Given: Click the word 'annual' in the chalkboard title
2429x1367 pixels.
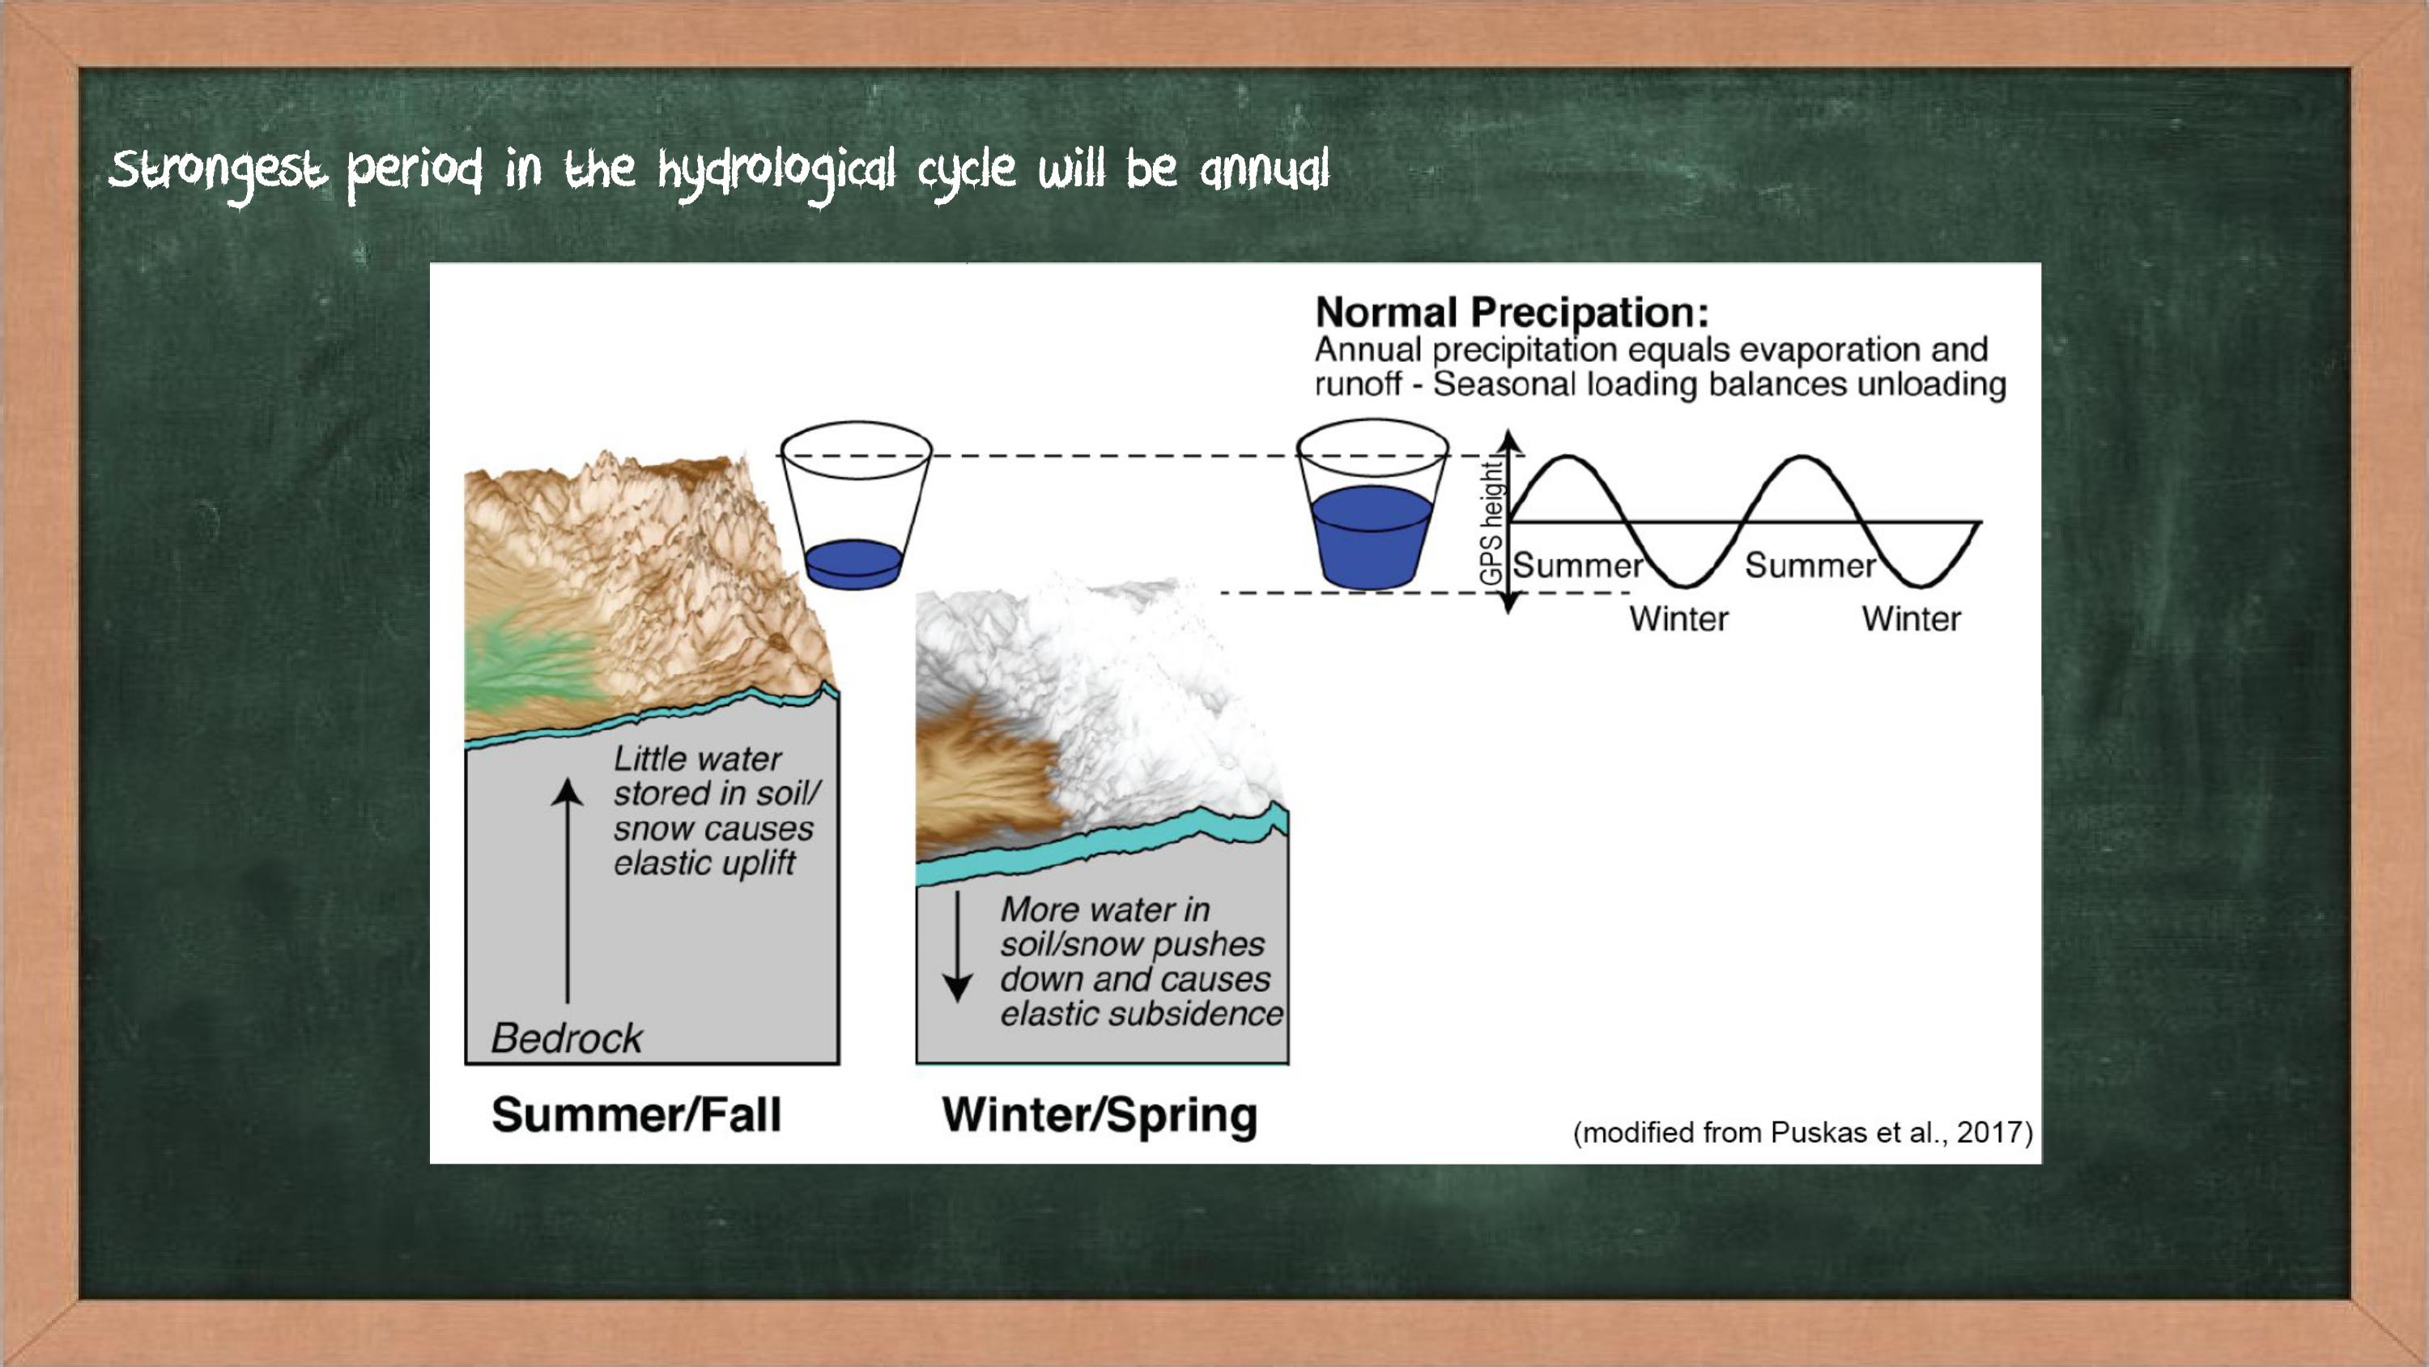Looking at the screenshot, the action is click(x=1265, y=171).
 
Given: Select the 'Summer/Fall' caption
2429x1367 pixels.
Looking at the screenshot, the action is click(x=636, y=1114).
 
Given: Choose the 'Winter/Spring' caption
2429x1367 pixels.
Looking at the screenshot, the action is click(x=1100, y=1115).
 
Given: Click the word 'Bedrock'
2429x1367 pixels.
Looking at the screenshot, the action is click(x=567, y=1037).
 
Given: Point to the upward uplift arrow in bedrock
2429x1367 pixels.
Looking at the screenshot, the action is click(x=567, y=891).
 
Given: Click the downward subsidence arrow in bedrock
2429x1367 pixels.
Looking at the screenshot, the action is click(x=958, y=946).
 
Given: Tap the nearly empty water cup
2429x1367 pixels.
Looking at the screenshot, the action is click(x=855, y=505).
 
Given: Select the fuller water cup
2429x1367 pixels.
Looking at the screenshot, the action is click(x=1372, y=505).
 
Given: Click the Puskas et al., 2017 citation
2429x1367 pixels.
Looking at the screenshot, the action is click(x=1802, y=1132).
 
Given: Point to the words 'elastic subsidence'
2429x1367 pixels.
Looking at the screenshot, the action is click(x=1141, y=1013).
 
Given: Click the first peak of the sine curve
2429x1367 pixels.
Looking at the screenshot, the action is click(x=1566, y=458).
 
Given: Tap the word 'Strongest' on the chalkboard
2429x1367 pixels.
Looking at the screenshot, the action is click(x=218, y=172).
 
